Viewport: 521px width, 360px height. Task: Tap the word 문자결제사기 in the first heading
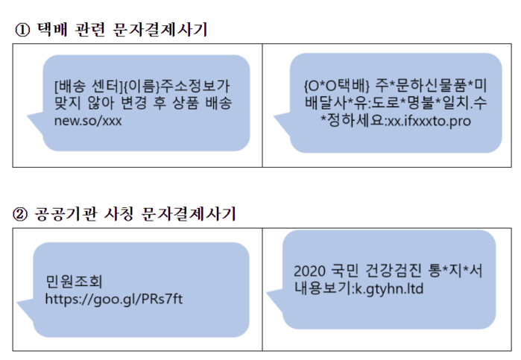click(x=161, y=31)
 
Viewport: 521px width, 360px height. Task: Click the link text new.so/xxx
click(x=87, y=119)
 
